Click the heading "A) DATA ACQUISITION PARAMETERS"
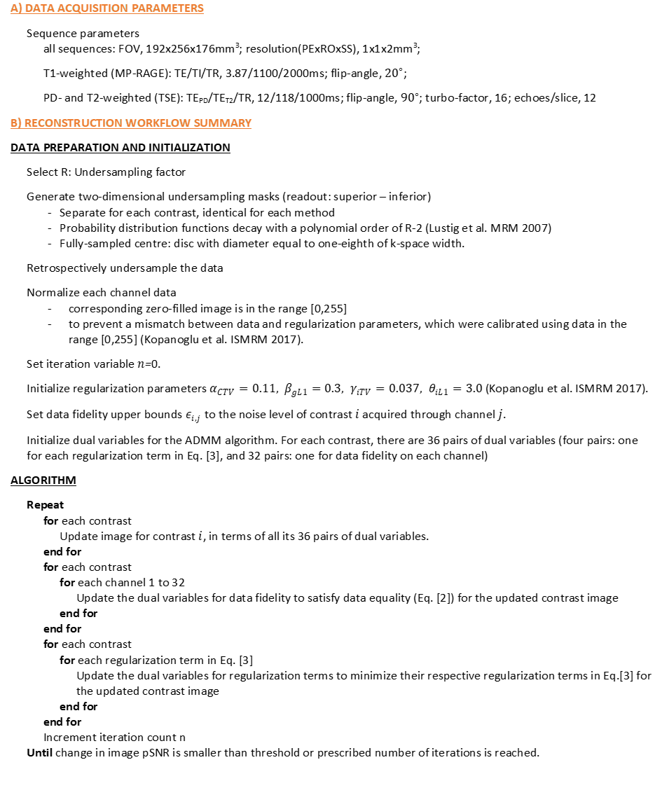click(107, 8)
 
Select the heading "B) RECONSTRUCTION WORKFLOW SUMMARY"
click(131, 123)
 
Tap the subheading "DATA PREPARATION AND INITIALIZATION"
click(120, 148)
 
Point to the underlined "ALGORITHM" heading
click(43, 481)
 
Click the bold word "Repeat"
click(45, 505)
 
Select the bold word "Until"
click(39, 753)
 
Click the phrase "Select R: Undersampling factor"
click(106, 172)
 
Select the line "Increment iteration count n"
click(114, 738)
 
